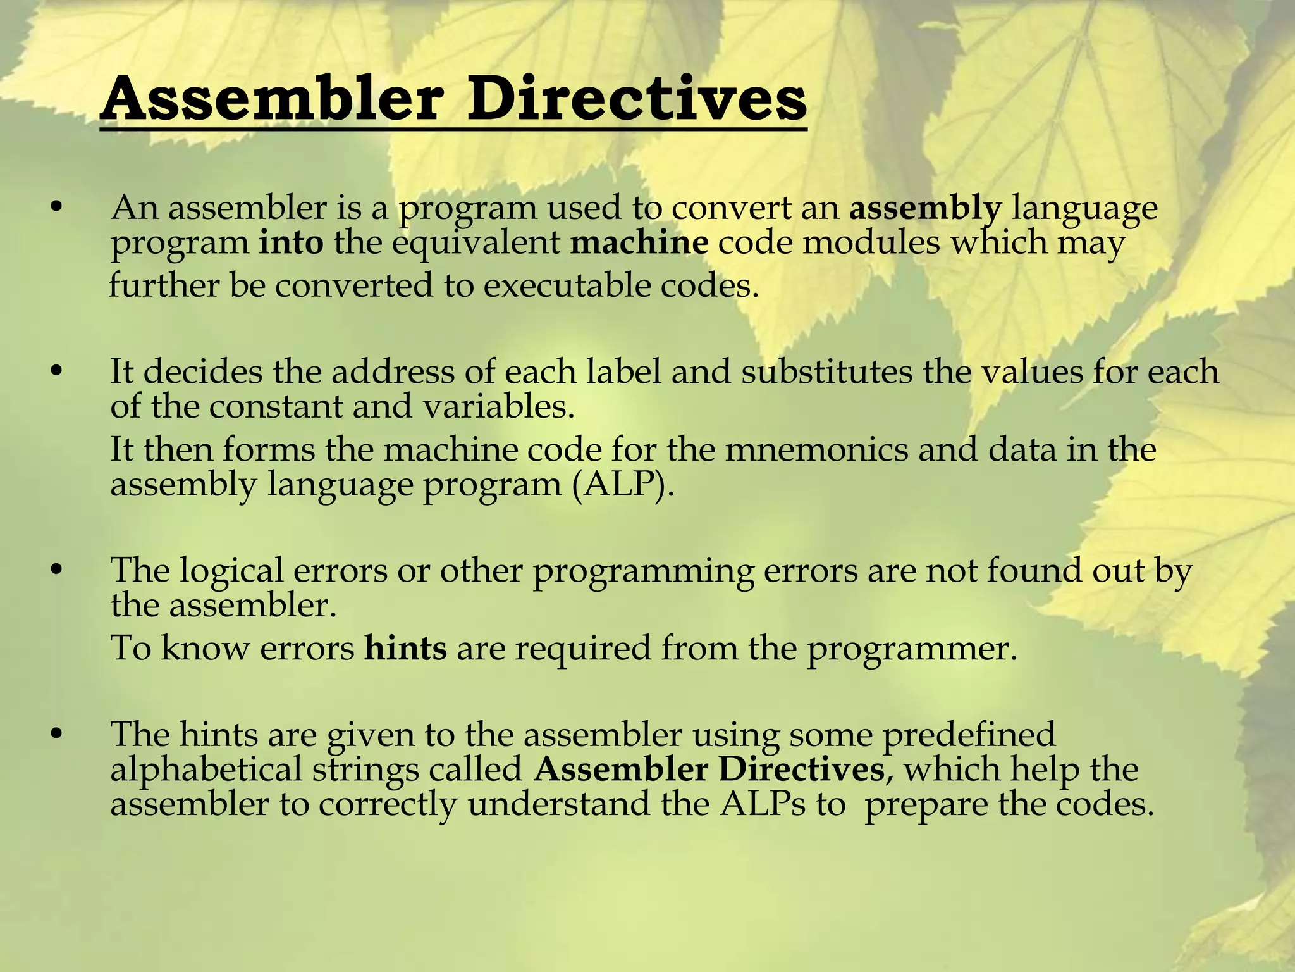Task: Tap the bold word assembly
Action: tap(925, 208)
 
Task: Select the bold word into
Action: tap(291, 243)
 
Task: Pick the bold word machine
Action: tap(639, 243)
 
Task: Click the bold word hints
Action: tap(405, 648)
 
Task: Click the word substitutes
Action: tap(826, 371)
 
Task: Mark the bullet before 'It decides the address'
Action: tap(57, 371)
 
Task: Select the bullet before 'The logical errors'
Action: tap(57, 570)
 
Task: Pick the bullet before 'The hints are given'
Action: tap(57, 734)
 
